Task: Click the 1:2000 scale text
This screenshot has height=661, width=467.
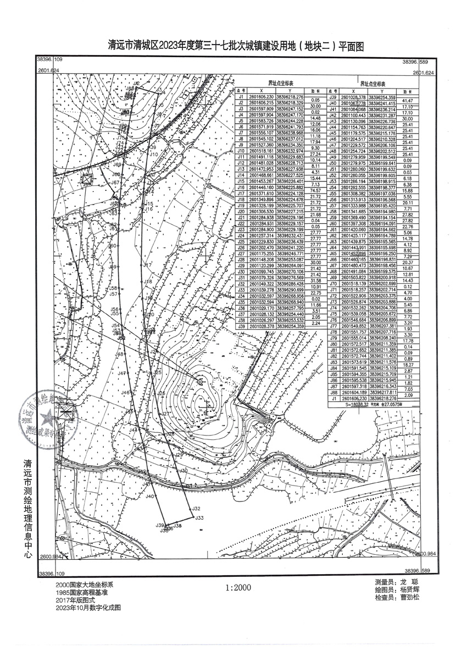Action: coord(237,587)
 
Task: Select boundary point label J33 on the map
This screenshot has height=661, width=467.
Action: coord(199,517)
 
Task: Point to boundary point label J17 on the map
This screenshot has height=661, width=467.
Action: coord(147,265)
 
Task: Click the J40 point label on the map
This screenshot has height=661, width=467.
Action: coord(149,497)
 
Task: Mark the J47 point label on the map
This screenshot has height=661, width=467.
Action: coord(122,373)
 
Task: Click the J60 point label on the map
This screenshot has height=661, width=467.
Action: coord(112,246)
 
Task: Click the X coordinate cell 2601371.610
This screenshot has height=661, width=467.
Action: coord(261,194)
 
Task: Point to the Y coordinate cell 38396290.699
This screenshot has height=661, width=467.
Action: coord(290,289)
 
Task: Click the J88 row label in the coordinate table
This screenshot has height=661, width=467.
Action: coord(333,393)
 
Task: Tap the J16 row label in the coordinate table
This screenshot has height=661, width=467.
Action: coord(240,188)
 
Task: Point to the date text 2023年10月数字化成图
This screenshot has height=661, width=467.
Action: coord(87,608)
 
